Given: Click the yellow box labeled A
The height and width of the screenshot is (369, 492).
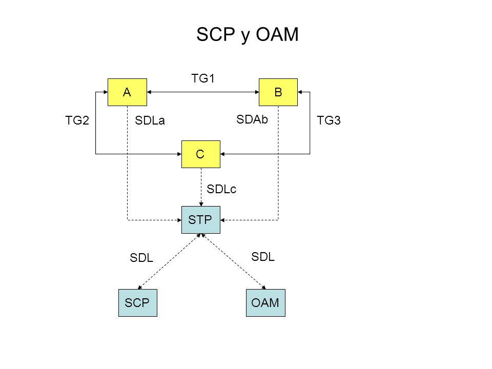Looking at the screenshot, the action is (x=127, y=92).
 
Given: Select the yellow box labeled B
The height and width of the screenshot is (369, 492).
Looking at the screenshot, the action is (x=278, y=92).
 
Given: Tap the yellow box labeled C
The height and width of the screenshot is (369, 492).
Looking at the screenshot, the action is (x=201, y=154).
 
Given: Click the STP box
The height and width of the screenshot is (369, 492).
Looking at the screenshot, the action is (x=201, y=220).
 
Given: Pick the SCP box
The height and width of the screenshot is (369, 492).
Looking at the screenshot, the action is (x=138, y=303).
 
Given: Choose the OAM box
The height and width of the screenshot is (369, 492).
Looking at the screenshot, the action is (x=265, y=303).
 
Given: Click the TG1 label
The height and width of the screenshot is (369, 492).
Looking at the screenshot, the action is (x=203, y=78).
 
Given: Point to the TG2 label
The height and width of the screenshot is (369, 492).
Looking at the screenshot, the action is (x=77, y=120).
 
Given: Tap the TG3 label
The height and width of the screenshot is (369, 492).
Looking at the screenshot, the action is (x=329, y=120).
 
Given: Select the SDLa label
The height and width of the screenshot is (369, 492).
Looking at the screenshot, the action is (x=150, y=120).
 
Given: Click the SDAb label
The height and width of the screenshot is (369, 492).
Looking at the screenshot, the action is (x=252, y=119).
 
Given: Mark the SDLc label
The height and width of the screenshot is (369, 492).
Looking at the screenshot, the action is (x=221, y=189).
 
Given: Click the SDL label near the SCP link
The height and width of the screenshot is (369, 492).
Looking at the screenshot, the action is (x=141, y=258).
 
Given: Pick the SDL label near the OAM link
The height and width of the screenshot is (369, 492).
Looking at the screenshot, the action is (x=263, y=257).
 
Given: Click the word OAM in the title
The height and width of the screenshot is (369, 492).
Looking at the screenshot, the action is (x=277, y=34).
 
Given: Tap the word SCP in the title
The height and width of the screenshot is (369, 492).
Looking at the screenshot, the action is (x=216, y=34).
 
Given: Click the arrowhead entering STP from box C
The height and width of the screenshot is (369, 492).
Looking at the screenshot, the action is (x=201, y=204).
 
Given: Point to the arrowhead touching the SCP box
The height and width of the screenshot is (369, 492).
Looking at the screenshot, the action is (x=139, y=287).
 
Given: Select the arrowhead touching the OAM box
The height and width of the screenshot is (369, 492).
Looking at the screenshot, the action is (x=264, y=287).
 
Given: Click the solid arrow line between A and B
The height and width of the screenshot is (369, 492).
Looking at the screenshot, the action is (x=203, y=92).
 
